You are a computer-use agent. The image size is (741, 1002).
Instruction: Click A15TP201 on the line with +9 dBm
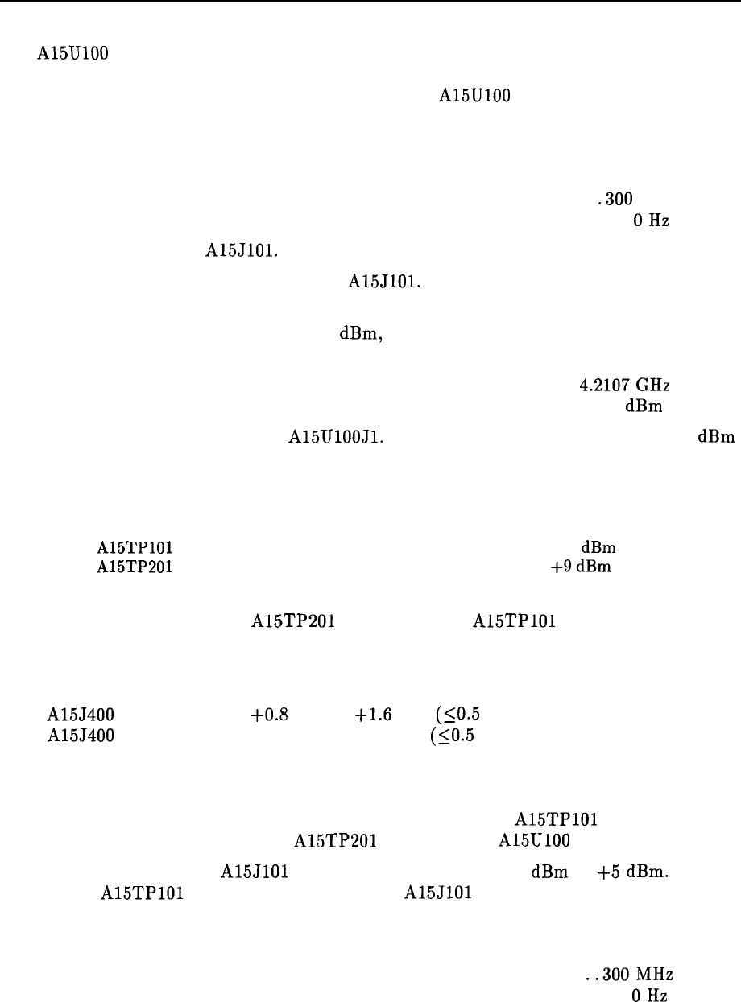133,566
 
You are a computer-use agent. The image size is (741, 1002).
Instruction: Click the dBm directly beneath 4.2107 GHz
644,406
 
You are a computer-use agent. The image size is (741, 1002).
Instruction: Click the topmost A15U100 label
72,55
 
